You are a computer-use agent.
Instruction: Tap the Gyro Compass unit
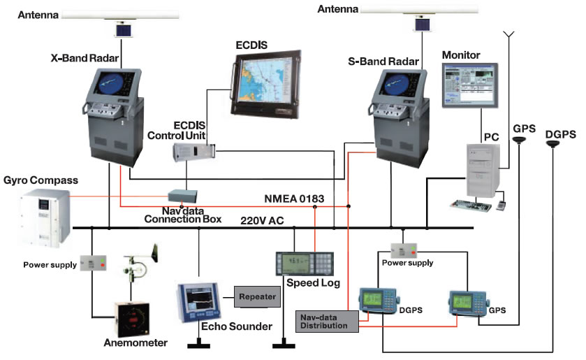click(45, 218)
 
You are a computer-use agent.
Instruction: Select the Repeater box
click(258, 297)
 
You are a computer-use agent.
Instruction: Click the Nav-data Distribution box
click(327, 322)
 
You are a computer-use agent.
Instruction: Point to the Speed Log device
click(305, 264)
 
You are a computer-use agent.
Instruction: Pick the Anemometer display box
click(131, 319)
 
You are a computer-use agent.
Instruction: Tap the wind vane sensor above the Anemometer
click(140, 263)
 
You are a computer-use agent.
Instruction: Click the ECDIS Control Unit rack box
click(194, 152)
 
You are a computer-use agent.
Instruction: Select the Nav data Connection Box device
click(182, 196)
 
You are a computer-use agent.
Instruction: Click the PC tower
click(483, 171)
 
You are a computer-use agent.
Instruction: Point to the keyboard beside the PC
click(471, 206)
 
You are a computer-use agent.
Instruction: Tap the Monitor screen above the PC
click(470, 86)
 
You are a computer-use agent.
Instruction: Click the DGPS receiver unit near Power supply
click(379, 300)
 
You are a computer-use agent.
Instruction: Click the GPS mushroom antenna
click(520, 140)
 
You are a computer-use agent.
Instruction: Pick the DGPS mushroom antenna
click(552, 143)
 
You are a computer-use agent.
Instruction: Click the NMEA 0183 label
click(294, 199)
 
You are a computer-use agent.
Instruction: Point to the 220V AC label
click(262, 221)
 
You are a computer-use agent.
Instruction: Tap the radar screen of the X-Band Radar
click(111, 83)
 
